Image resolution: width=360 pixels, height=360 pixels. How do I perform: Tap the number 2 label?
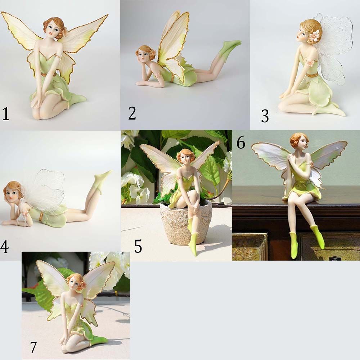point(132,113)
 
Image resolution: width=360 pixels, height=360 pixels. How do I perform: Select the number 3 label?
point(265,116)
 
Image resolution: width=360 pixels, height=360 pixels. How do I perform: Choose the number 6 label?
point(241,143)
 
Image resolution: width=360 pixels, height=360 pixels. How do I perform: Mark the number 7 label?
point(33,347)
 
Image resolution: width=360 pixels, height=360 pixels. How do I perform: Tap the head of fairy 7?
point(76,283)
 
